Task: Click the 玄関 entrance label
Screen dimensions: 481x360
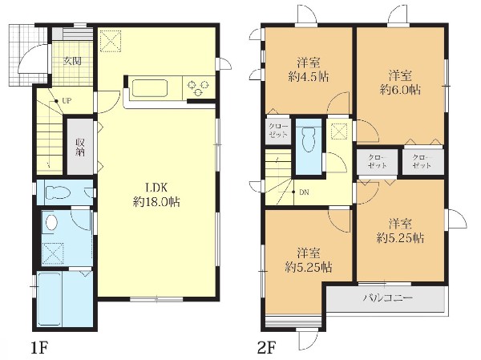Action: [x=72, y=62]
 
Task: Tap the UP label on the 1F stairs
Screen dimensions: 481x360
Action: [x=67, y=100]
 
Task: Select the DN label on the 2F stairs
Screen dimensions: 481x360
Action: [x=304, y=192]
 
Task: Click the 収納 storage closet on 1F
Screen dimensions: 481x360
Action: [x=80, y=147]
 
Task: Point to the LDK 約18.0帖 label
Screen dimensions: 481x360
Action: [x=157, y=195]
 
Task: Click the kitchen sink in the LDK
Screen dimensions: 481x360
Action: [x=150, y=88]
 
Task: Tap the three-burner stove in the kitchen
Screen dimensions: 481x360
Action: [x=198, y=87]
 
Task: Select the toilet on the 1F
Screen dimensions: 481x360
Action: [x=58, y=192]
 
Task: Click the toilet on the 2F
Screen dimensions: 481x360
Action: [x=309, y=140]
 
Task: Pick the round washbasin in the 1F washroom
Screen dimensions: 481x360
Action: [x=51, y=221]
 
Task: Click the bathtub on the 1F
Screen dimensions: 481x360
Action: [x=51, y=299]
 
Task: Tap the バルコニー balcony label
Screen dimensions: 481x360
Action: [x=388, y=297]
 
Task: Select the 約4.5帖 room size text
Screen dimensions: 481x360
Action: [x=309, y=77]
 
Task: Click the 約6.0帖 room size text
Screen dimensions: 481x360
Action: [x=400, y=90]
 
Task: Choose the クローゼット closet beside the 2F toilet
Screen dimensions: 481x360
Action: [x=278, y=130]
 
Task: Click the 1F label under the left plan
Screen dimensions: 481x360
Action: [x=40, y=348]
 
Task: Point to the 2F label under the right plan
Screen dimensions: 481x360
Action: [x=267, y=348]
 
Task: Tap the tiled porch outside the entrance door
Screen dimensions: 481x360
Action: [x=27, y=55]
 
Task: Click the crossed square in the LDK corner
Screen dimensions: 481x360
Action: [x=111, y=40]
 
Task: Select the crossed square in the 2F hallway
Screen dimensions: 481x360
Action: [x=339, y=131]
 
